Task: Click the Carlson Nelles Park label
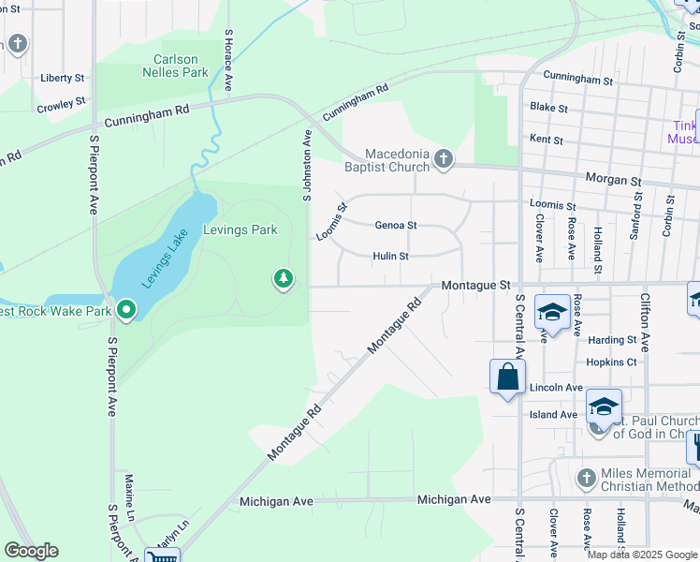pyautogui.click(x=182, y=65)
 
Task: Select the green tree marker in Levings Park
pyautogui.click(x=283, y=278)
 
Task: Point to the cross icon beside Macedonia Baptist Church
pyautogui.click(x=444, y=160)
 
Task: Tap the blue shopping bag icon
pyautogui.click(x=507, y=377)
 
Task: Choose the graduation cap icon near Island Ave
pyautogui.click(x=605, y=407)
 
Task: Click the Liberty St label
pyautogui.click(x=63, y=78)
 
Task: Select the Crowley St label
pyautogui.click(x=61, y=102)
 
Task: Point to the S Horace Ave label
pyautogui.click(x=228, y=60)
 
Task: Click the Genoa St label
pyautogui.click(x=395, y=226)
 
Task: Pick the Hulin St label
pyautogui.click(x=390, y=256)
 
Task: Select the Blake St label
pyautogui.click(x=548, y=108)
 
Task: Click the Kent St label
pyautogui.click(x=546, y=140)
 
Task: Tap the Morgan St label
pyautogui.click(x=613, y=179)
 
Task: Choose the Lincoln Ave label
pyautogui.click(x=556, y=387)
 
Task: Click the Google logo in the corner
pyautogui.click(x=30, y=551)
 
